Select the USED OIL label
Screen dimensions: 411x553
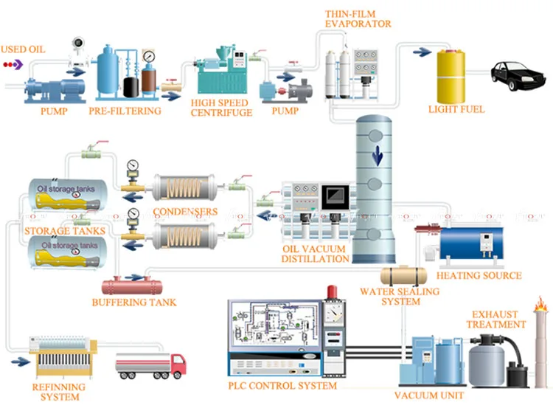tap(22, 49)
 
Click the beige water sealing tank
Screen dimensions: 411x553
tap(398, 274)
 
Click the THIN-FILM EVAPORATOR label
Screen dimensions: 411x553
tap(358, 18)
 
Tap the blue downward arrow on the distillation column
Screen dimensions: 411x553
tap(377, 156)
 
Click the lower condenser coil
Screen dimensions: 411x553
tap(184, 235)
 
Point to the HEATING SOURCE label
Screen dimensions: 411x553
tap(479, 276)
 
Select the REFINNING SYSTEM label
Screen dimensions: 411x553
tap(58, 392)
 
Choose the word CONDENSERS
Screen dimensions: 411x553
tap(185, 212)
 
